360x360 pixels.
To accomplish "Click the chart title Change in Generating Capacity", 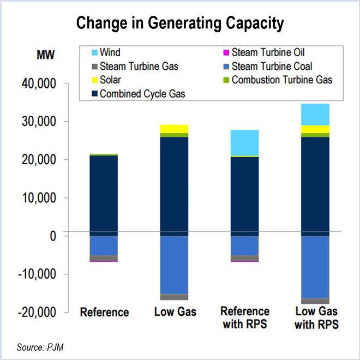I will click(179, 23).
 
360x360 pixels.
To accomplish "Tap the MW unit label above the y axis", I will click(46, 55).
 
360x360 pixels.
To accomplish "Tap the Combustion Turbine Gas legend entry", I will click(276, 80).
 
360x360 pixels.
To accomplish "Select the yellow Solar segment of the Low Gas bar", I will click(175, 128).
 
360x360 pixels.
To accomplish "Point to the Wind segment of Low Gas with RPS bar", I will click(315, 114).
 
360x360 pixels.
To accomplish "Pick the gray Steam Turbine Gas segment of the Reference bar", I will click(104, 258).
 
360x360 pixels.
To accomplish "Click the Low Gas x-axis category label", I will click(175, 313).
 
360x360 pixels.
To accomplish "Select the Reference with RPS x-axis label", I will click(245, 318).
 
